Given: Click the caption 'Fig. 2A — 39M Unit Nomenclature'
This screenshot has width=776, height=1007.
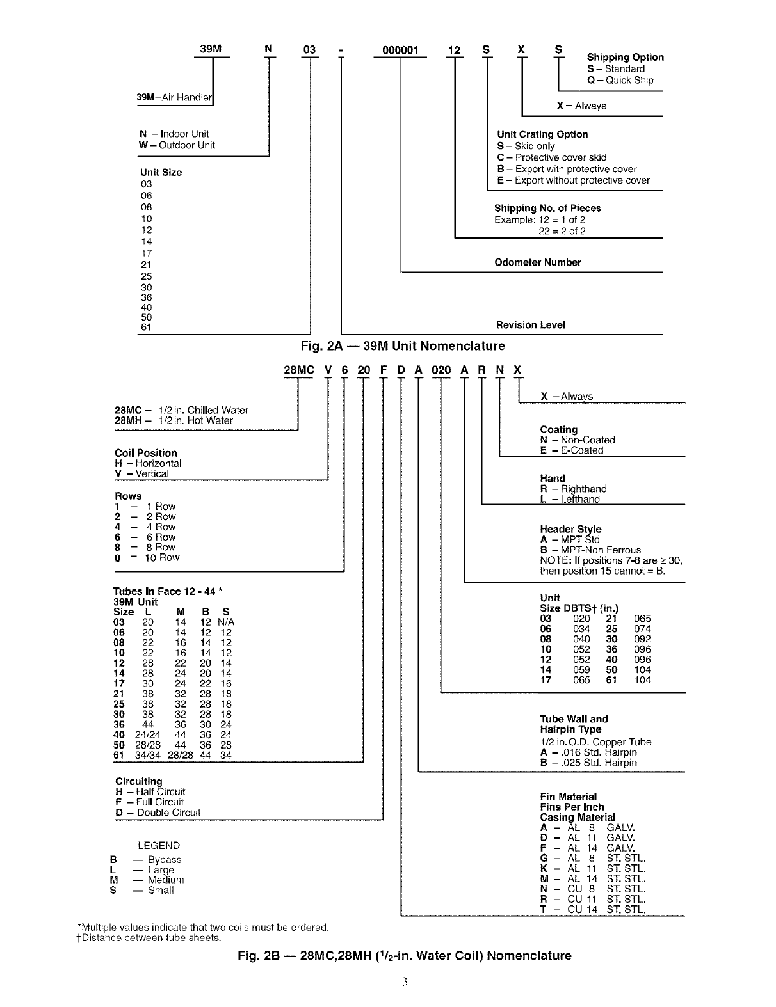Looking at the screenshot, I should pos(403,346).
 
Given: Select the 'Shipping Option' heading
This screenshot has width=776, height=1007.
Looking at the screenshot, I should pos(625,57).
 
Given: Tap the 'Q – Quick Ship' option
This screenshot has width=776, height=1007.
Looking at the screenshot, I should pos(620,80).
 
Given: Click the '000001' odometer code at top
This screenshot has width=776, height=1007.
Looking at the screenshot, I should pos(400,50).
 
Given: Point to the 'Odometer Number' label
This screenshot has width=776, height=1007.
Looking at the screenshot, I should pos(538,262).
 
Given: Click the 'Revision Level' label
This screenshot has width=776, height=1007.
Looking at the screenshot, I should pos(531,325).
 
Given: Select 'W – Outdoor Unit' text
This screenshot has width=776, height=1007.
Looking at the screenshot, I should pos(177,145).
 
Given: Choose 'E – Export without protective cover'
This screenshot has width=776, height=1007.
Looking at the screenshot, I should pos(573,180).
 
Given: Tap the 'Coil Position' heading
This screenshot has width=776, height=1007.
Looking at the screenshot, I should pos(146,453).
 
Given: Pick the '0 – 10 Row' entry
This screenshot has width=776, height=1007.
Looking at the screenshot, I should pos(147,557).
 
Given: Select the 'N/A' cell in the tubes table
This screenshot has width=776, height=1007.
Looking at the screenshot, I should pos(226,622).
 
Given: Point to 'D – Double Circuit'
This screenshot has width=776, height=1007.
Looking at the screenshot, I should pos(158,813).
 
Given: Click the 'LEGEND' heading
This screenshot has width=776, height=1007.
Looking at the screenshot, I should pos(159,845).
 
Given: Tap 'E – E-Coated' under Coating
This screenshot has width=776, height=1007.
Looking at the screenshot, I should pos(571,450).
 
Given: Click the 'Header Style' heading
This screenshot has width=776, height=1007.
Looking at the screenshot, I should pos(570,529).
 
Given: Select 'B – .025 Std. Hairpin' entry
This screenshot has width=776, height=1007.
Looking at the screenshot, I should pos(588,763).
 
